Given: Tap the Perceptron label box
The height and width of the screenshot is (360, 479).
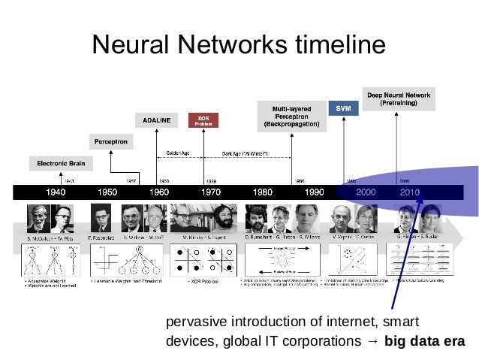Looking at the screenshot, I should (111, 141).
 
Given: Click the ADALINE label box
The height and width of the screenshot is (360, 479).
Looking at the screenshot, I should (157, 119).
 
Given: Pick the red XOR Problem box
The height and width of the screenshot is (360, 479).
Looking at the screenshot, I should (203, 120).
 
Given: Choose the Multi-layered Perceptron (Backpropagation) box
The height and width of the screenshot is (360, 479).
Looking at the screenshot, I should (291, 116).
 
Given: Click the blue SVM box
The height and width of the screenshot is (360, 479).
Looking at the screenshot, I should (343, 108).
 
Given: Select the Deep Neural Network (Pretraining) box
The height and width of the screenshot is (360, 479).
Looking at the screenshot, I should (398, 98).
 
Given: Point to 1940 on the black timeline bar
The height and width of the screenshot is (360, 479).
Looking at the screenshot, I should (57, 192).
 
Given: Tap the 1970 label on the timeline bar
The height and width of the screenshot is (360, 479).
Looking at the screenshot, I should (211, 192).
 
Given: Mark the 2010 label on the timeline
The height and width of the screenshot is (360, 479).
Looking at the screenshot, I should (409, 192).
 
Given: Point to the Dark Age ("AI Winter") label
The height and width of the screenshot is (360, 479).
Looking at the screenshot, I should (246, 153).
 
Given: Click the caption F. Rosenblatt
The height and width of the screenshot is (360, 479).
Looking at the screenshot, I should (103, 237).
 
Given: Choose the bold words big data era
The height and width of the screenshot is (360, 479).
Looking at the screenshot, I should (424, 340).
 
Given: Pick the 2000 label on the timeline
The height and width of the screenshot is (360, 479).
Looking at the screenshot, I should (365, 192).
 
